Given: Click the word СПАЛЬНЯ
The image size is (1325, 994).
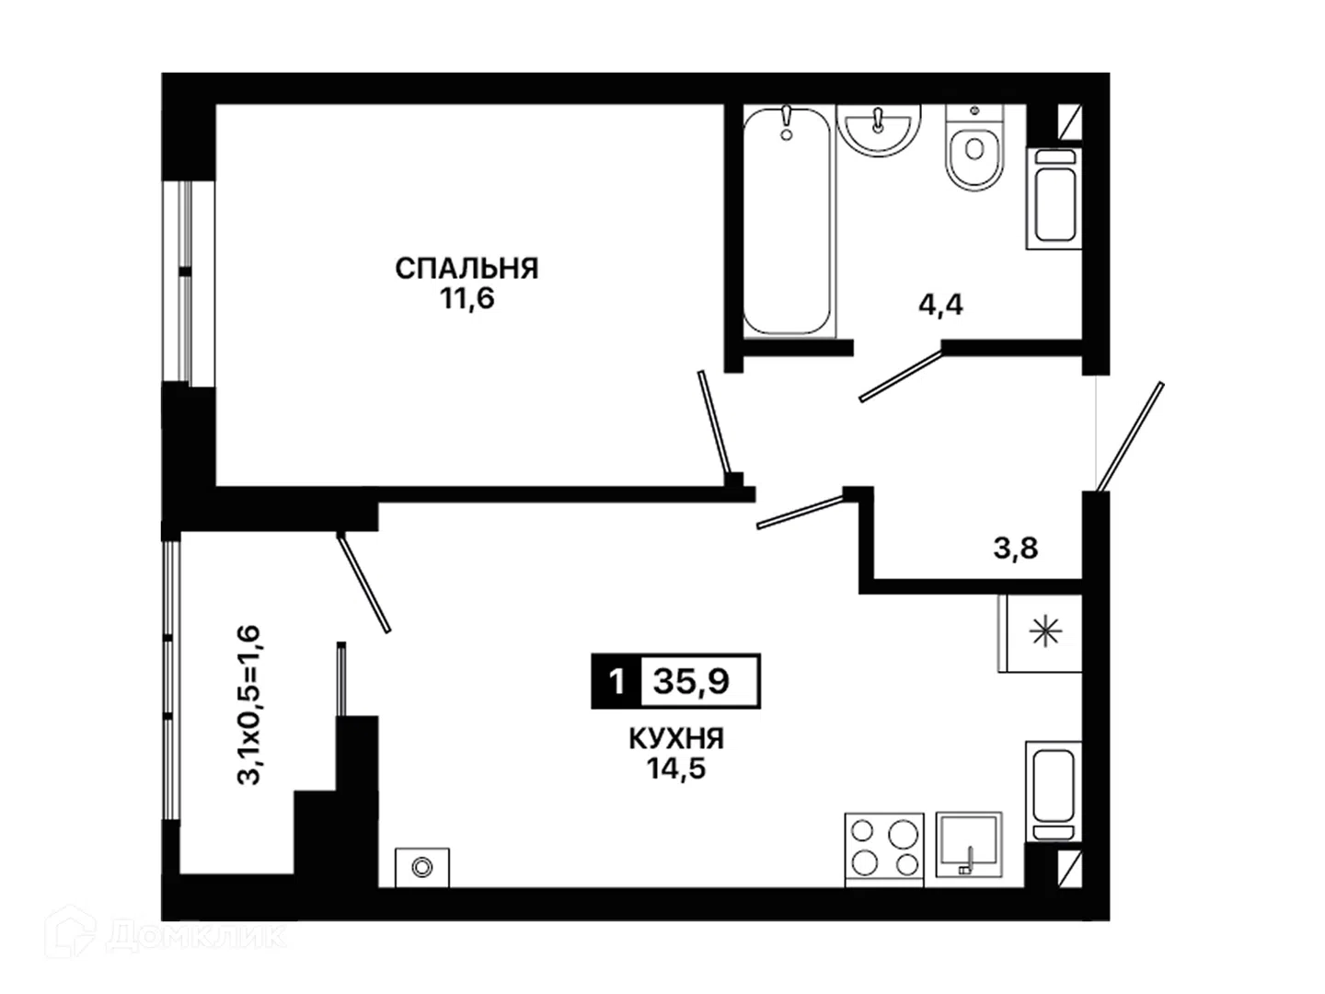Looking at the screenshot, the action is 467,269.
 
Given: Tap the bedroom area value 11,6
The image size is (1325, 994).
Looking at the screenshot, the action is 467,298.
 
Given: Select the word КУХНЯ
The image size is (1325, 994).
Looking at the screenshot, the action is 676,739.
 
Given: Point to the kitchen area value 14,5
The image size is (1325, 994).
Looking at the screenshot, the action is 676,769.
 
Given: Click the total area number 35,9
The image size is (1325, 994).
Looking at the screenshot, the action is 691,681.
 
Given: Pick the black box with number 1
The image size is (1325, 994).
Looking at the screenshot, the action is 616,681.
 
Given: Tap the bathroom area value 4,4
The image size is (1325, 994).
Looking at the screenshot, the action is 940,305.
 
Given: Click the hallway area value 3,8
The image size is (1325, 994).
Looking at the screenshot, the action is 1016,549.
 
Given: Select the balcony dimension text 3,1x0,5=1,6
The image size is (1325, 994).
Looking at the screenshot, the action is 248,705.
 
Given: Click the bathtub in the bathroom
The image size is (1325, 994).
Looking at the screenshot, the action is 787,221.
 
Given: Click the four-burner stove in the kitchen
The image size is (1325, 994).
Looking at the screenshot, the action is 884,850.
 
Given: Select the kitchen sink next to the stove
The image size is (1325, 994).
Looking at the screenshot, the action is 969,845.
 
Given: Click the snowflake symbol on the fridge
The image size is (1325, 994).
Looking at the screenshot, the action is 1045,633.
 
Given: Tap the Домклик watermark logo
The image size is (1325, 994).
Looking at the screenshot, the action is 165,936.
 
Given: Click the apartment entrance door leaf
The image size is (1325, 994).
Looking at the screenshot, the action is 1130,435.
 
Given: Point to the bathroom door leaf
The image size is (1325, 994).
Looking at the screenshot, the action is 901,376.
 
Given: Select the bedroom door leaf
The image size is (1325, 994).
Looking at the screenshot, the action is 714,422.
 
